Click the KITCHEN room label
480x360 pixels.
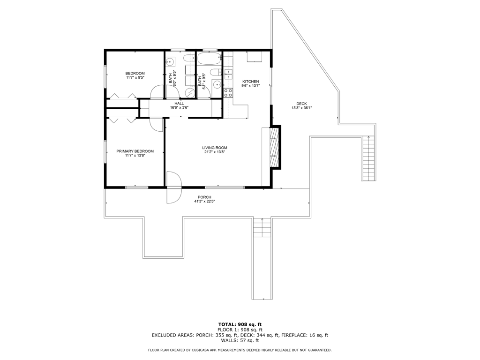point(250,82)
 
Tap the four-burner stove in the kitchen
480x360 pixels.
point(228,93)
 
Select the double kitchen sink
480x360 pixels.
point(228,75)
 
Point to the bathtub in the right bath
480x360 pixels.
point(209,59)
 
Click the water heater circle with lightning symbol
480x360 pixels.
point(190,92)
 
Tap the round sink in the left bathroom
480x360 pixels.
point(170,62)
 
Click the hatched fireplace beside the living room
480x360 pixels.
point(275,147)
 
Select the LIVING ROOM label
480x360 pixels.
point(215,148)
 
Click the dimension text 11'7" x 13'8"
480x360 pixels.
point(135,155)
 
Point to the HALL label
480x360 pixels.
point(179,104)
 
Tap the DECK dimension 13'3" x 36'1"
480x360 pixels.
point(301,108)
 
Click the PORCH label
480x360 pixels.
point(204,197)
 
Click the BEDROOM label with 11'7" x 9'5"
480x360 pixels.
point(135,73)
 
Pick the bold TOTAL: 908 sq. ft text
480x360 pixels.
point(240,324)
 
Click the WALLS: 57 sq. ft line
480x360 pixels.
point(240,340)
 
